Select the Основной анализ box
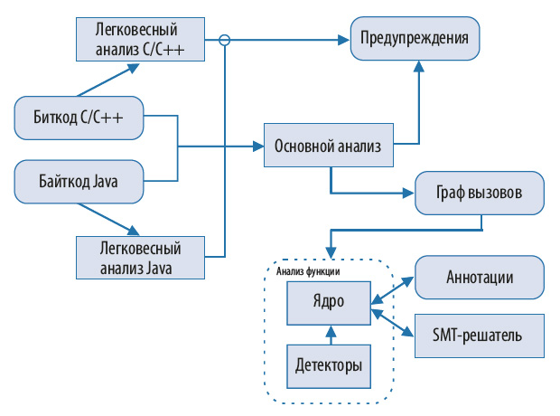coord(328,145)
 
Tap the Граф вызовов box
coord(481,194)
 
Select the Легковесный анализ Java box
coord(139,258)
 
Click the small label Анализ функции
coord(307,269)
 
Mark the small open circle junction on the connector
coord(226,39)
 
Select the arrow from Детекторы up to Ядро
coord(331,336)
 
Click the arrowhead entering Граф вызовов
coord(408,194)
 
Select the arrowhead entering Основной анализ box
coord(257,145)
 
